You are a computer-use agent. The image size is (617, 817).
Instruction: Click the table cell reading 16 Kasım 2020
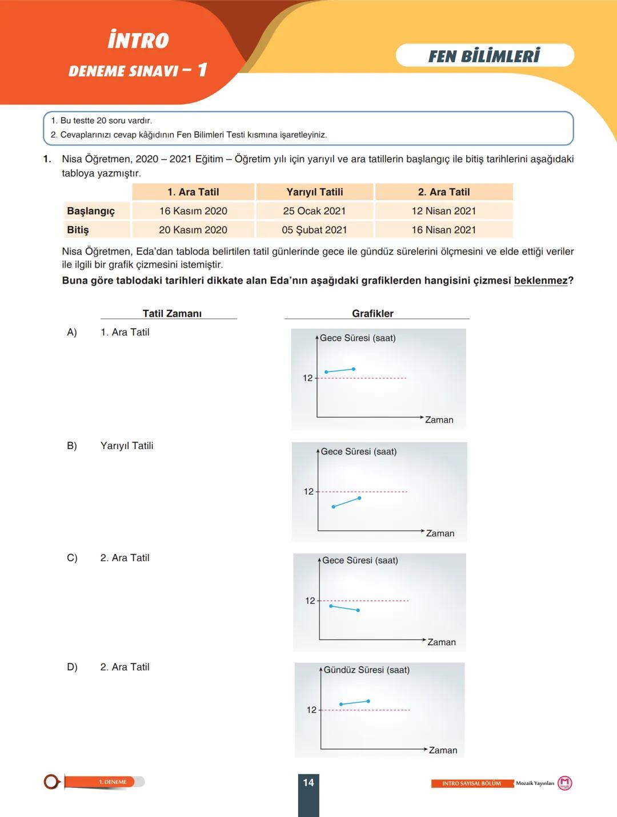point(193,211)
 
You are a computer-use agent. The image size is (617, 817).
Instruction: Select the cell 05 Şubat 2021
point(314,230)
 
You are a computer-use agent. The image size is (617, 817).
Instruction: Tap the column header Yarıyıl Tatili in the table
point(315,192)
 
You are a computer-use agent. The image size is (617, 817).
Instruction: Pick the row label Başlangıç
point(91,211)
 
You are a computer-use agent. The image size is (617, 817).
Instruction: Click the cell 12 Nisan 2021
point(444,211)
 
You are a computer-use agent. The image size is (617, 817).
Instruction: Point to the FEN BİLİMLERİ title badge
point(484,56)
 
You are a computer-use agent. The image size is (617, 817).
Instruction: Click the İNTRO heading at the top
point(138,41)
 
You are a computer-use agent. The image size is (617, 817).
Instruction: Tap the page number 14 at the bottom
point(308,783)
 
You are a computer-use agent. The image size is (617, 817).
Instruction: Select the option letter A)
point(72,333)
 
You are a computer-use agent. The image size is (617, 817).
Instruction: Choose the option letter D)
point(72,667)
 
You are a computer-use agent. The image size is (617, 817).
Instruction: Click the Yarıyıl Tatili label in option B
point(127,446)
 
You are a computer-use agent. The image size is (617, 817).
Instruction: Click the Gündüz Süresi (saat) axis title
point(366,670)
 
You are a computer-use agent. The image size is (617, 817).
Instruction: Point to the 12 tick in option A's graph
point(307,378)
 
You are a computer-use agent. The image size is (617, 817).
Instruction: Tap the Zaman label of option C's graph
point(442,642)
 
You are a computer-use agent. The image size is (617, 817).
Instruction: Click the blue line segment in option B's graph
point(346,503)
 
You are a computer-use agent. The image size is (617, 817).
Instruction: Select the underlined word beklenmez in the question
point(540,281)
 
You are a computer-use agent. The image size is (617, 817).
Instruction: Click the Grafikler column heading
point(372,314)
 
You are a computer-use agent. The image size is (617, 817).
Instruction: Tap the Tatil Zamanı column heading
point(172,314)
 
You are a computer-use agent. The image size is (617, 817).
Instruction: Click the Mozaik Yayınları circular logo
point(564,783)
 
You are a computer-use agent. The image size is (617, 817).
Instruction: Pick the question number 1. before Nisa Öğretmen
point(47,159)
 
